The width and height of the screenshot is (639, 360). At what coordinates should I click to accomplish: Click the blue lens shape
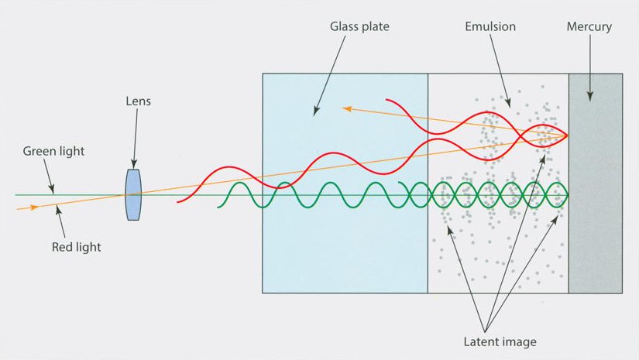[134, 194]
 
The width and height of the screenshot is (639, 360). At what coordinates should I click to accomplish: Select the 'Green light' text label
[54, 152]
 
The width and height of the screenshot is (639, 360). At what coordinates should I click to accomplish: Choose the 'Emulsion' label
[490, 26]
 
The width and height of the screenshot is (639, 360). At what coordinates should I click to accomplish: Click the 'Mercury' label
[589, 26]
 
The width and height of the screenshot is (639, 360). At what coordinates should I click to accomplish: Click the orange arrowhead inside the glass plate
[347, 109]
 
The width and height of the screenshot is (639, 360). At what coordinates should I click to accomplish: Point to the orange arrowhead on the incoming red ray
[33, 207]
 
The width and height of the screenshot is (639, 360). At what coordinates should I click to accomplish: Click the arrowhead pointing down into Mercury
[589, 97]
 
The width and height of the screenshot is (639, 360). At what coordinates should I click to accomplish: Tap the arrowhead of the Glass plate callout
[315, 113]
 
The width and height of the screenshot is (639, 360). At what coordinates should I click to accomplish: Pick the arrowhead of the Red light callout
[58, 204]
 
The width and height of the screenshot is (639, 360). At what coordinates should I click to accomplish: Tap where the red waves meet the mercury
[568, 135]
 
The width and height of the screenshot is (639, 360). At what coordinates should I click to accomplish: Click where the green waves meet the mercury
[569, 194]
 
